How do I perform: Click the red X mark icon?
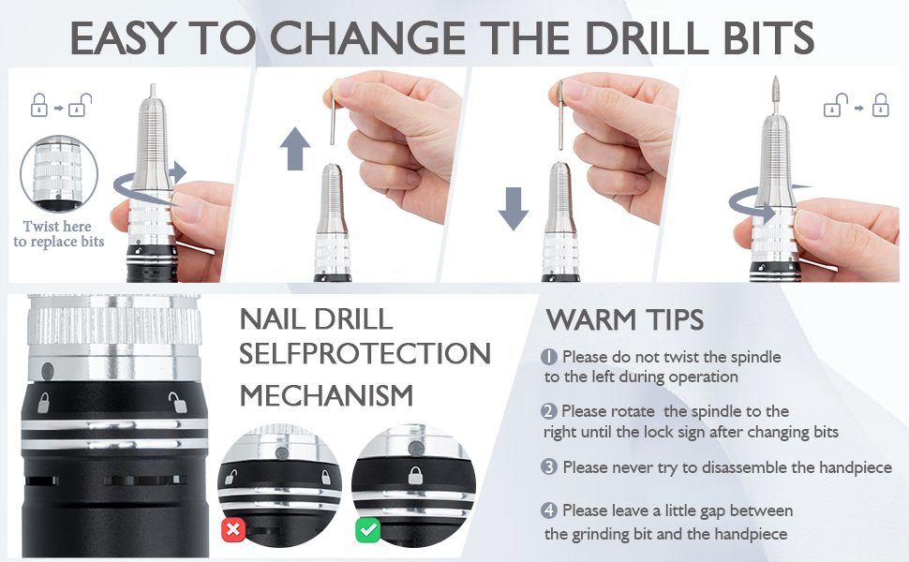point(233,529)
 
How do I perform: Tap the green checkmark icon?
point(367,529)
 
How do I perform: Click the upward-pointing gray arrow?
point(295,149)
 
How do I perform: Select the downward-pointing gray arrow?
point(514,209)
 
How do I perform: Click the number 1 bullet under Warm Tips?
point(549,357)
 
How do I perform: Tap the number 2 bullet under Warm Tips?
point(549,411)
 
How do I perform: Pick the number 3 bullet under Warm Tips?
point(549,467)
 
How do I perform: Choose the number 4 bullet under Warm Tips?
point(549,510)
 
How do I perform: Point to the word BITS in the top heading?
point(768,38)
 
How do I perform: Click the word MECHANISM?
point(326,395)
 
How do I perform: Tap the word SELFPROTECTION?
point(365,354)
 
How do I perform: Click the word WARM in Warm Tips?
point(591,319)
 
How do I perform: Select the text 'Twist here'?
point(57,226)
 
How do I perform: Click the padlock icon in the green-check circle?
point(415,475)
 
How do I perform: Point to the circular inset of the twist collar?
point(58,174)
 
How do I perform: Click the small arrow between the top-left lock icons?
point(58,108)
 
